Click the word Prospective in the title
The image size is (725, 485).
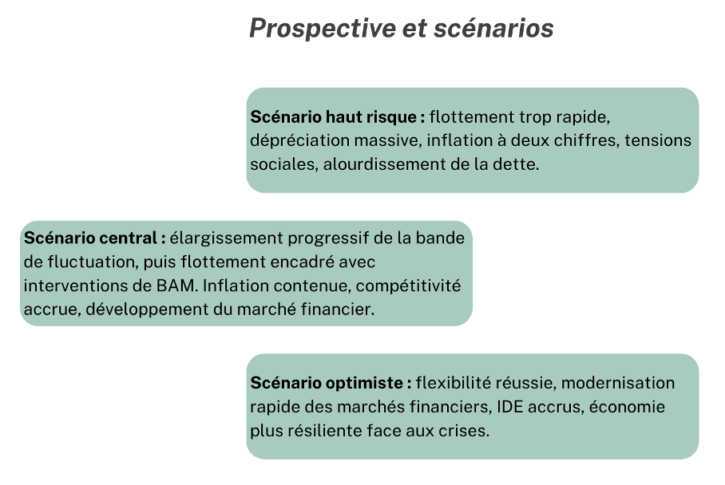[x=323, y=29]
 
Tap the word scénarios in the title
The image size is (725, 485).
[x=493, y=28]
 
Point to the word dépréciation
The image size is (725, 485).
[x=299, y=141]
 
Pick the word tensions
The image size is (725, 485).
[x=658, y=140]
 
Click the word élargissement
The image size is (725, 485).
[x=226, y=239]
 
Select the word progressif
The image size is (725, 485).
[x=328, y=239]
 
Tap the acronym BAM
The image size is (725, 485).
[x=176, y=286]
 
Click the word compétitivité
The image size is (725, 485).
[x=408, y=286]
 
